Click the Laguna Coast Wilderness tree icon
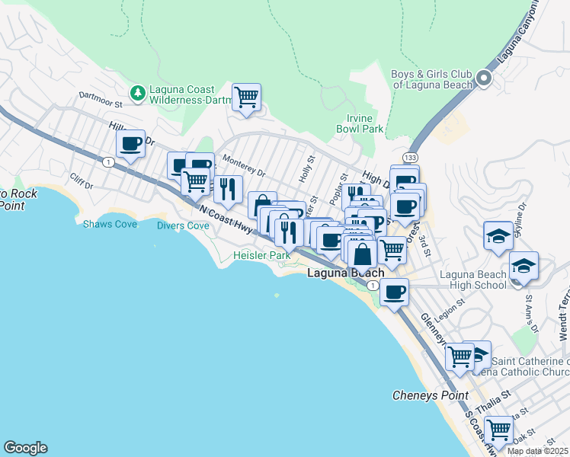pyautogui.click(x=137, y=93)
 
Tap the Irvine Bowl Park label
pyautogui.click(x=360, y=124)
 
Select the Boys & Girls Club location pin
pyautogui.click(x=484, y=78)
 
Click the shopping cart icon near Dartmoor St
pyautogui.click(x=246, y=97)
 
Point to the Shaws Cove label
pyautogui.click(x=104, y=225)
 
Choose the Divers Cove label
pyautogui.click(x=183, y=226)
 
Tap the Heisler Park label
pyautogui.click(x=262, y=256)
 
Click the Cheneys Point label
pyautogui.click(x=423, y=395)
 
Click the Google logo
pyautogui.click(x=25, y=448)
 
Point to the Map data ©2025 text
pyautogui.click(x=537, y=451)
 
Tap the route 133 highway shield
pyautogui.click(x=411, y=157)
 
